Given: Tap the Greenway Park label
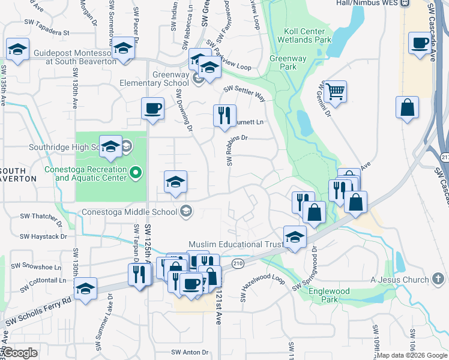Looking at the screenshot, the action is coord(283,62).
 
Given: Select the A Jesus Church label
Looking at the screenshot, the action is coord(400,280).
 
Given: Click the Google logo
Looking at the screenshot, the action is coord(20,352).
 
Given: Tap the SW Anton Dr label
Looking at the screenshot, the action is coord(189,352).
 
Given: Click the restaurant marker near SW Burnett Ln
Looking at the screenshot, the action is coord(224,116).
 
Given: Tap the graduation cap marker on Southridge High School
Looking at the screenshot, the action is coord(110,148).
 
